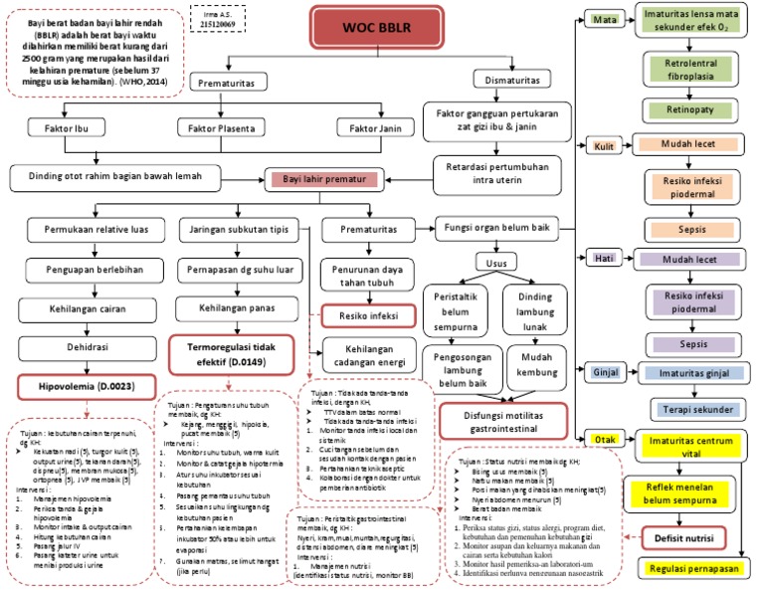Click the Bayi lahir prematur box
(x=324, y=180)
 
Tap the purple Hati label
(x=603, y=259)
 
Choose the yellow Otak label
(x=603, y=439)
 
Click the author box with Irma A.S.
(x=216, y=17)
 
